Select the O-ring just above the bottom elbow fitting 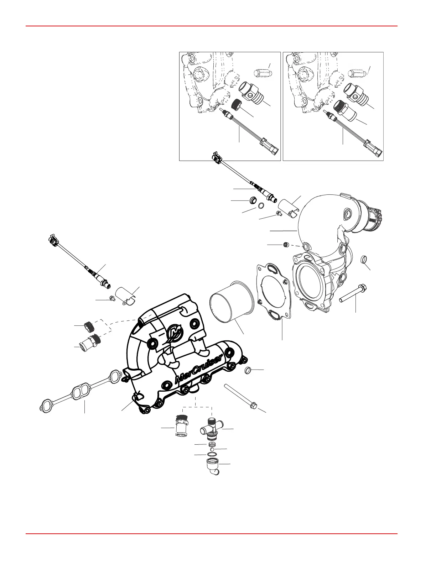coord(212,455)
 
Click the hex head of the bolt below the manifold coord(253,405)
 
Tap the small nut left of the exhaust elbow coord(285,245)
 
